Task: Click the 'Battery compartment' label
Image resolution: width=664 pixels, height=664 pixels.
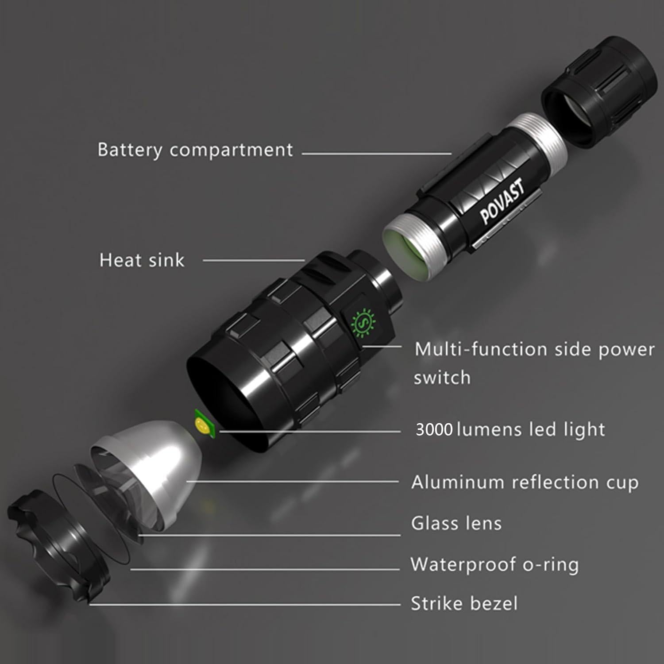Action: [x=195, y=150]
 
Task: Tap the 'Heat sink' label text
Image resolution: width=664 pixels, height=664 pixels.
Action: [x=142, y=260]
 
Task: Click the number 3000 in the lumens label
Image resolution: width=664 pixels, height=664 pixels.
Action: [x=434, y=429]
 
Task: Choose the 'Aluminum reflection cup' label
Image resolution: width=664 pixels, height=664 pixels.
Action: [x=525, y=482]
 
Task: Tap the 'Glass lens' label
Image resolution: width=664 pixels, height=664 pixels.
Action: [x=456, y=523]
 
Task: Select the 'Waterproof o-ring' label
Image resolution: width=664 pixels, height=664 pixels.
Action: [x=494, y=565]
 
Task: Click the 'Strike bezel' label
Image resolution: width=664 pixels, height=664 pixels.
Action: [x=464, y=604]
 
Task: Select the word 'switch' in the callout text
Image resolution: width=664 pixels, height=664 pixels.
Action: [x=442, y=378]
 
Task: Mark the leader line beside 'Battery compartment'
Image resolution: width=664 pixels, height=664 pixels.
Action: [x=376, y=154]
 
